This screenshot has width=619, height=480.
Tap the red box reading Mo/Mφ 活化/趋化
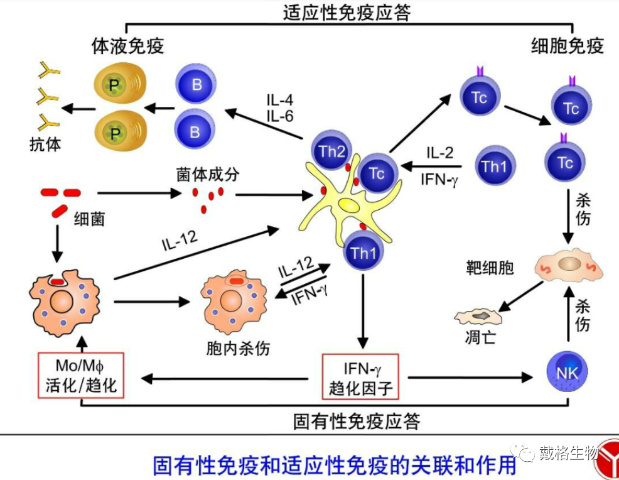point(81,375)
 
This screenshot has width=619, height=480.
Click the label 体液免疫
point(128,46)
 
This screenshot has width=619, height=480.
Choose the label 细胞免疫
point(567,46)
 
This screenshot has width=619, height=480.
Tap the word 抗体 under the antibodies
point(45,144)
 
